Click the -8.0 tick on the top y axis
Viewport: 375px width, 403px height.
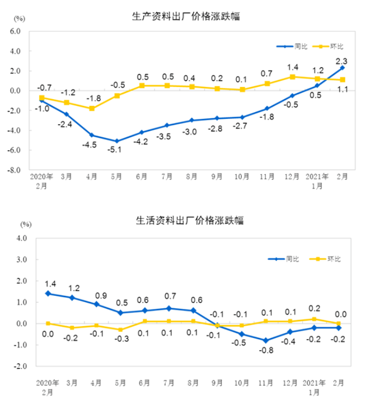pos(15,170)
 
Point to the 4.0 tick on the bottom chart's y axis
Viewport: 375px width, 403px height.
pos(22,238)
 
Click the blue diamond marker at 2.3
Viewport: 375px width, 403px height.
pos(342,68)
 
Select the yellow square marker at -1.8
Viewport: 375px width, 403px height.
pos(91,108)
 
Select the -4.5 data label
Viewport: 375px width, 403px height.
pos(91,145)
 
